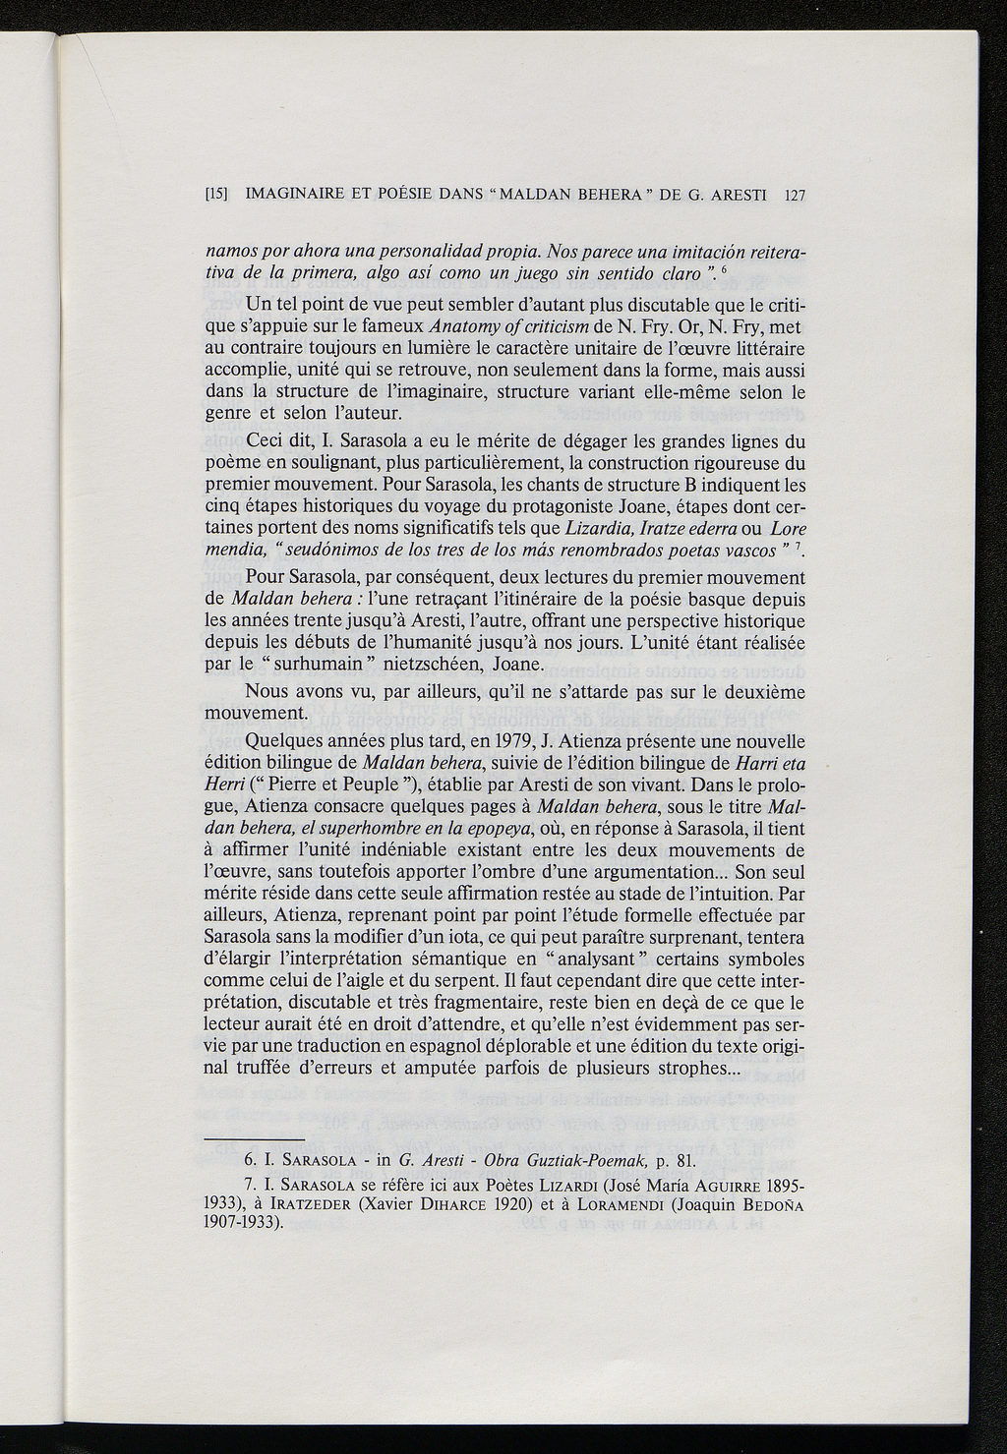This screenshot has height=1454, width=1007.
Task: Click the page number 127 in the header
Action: (x=795, y=196)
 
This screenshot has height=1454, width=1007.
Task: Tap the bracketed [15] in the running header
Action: (x=216, y=196)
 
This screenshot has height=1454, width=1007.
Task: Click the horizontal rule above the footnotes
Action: (x=254, y=1138)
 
